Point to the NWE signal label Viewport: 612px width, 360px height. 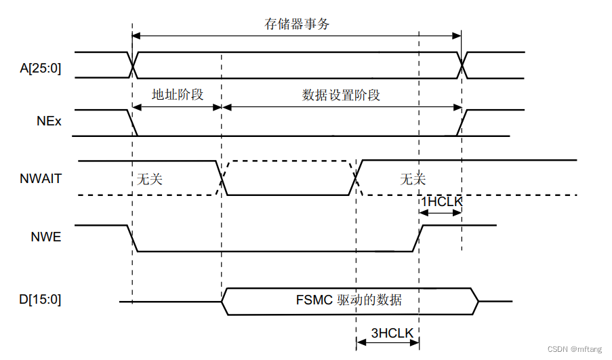[46, 237]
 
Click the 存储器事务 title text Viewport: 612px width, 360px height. [297, 24]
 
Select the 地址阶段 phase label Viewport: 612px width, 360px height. [178, 94]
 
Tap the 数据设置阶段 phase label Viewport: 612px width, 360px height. [341, 95]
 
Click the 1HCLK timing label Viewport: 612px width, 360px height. [441, 202]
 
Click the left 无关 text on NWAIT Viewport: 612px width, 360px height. [150, 180]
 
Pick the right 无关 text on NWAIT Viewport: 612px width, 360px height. [413, 180]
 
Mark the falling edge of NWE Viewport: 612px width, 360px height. [132, 238]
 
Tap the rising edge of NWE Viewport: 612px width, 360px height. [417, 238]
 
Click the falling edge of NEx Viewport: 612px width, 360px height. [132, 123]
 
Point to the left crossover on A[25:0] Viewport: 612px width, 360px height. [132, 64]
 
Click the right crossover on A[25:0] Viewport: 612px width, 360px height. [462, 64]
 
